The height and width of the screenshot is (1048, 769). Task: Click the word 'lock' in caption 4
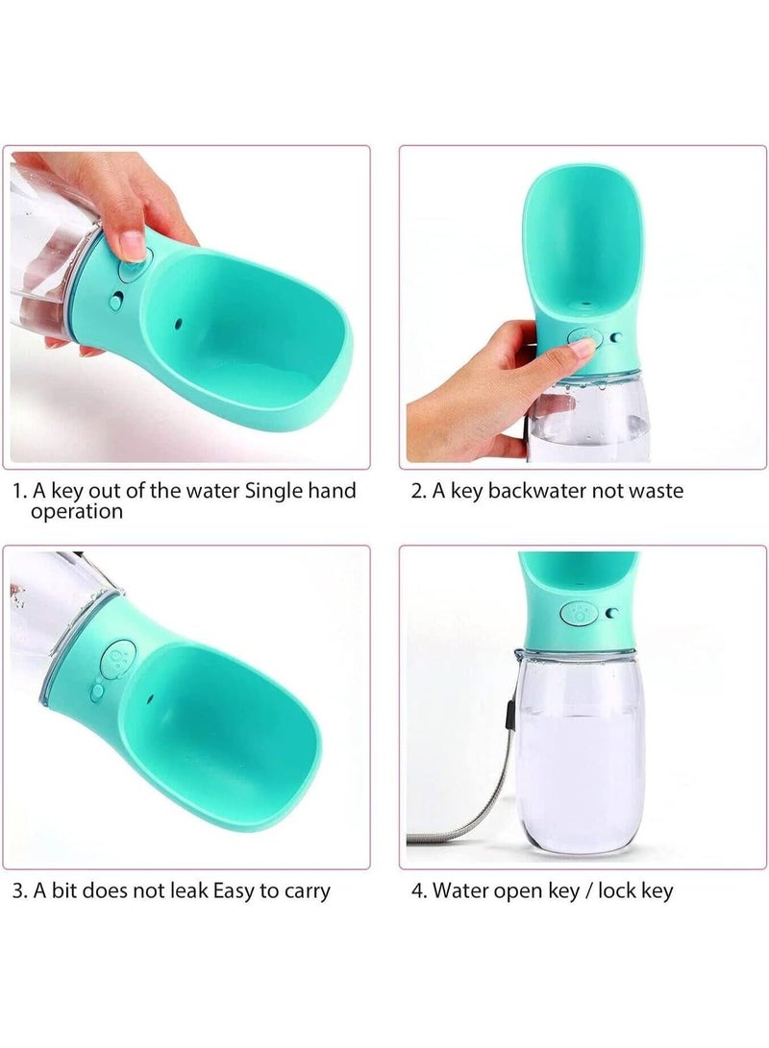tap(617, 890)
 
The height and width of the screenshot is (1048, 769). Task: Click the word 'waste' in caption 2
tap(653, 491)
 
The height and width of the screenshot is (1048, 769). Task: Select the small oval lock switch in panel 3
tap(97, 691)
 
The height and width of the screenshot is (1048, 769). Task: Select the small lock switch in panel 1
tap(115, 302)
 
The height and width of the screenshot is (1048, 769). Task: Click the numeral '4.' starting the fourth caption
tap(419, 890)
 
